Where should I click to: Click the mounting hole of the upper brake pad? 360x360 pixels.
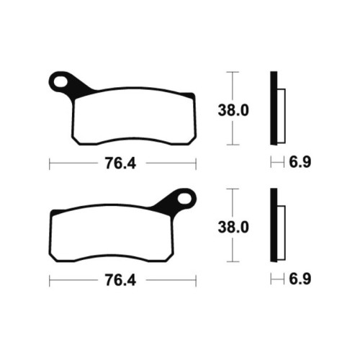pos(60,82)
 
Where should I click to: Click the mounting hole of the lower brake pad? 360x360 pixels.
pos(185,199)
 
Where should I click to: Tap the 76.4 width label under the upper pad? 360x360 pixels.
pos(120,163)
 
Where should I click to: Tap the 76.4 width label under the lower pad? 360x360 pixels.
pos(120,280)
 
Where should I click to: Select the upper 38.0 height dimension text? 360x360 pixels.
pos(233,110)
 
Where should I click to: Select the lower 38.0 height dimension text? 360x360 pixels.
pos(233,228)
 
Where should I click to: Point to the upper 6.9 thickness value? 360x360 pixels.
pos(300,162)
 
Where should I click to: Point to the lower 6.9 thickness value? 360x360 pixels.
pos(300,279)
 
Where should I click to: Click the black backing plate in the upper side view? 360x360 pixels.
pos(274,108)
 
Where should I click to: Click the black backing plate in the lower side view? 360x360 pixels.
pos(274,225)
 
